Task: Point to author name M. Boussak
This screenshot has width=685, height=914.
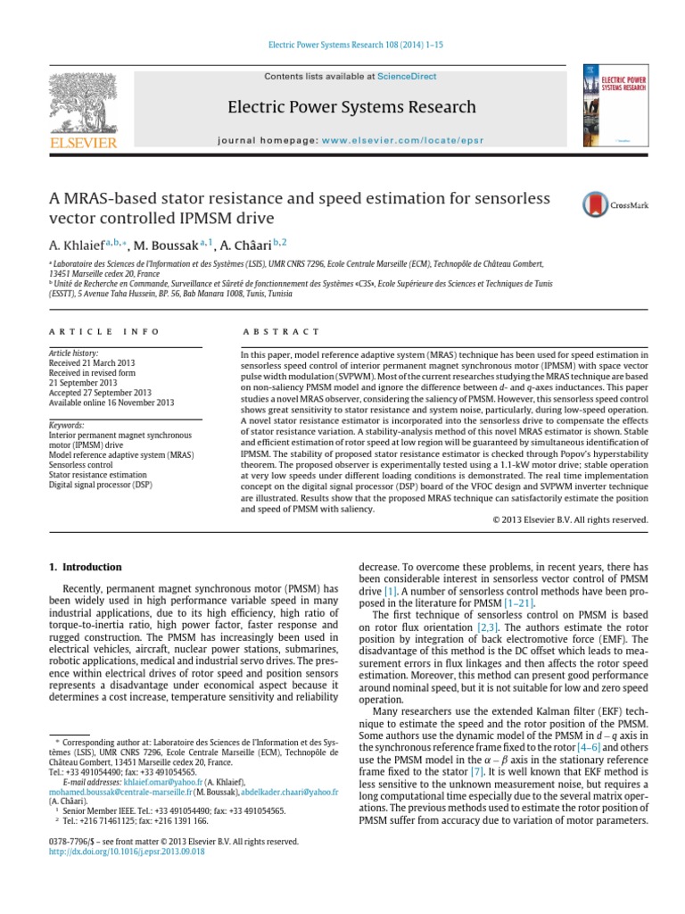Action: (x=166, y=245)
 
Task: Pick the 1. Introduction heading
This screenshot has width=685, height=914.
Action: (x=85, y=567)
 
